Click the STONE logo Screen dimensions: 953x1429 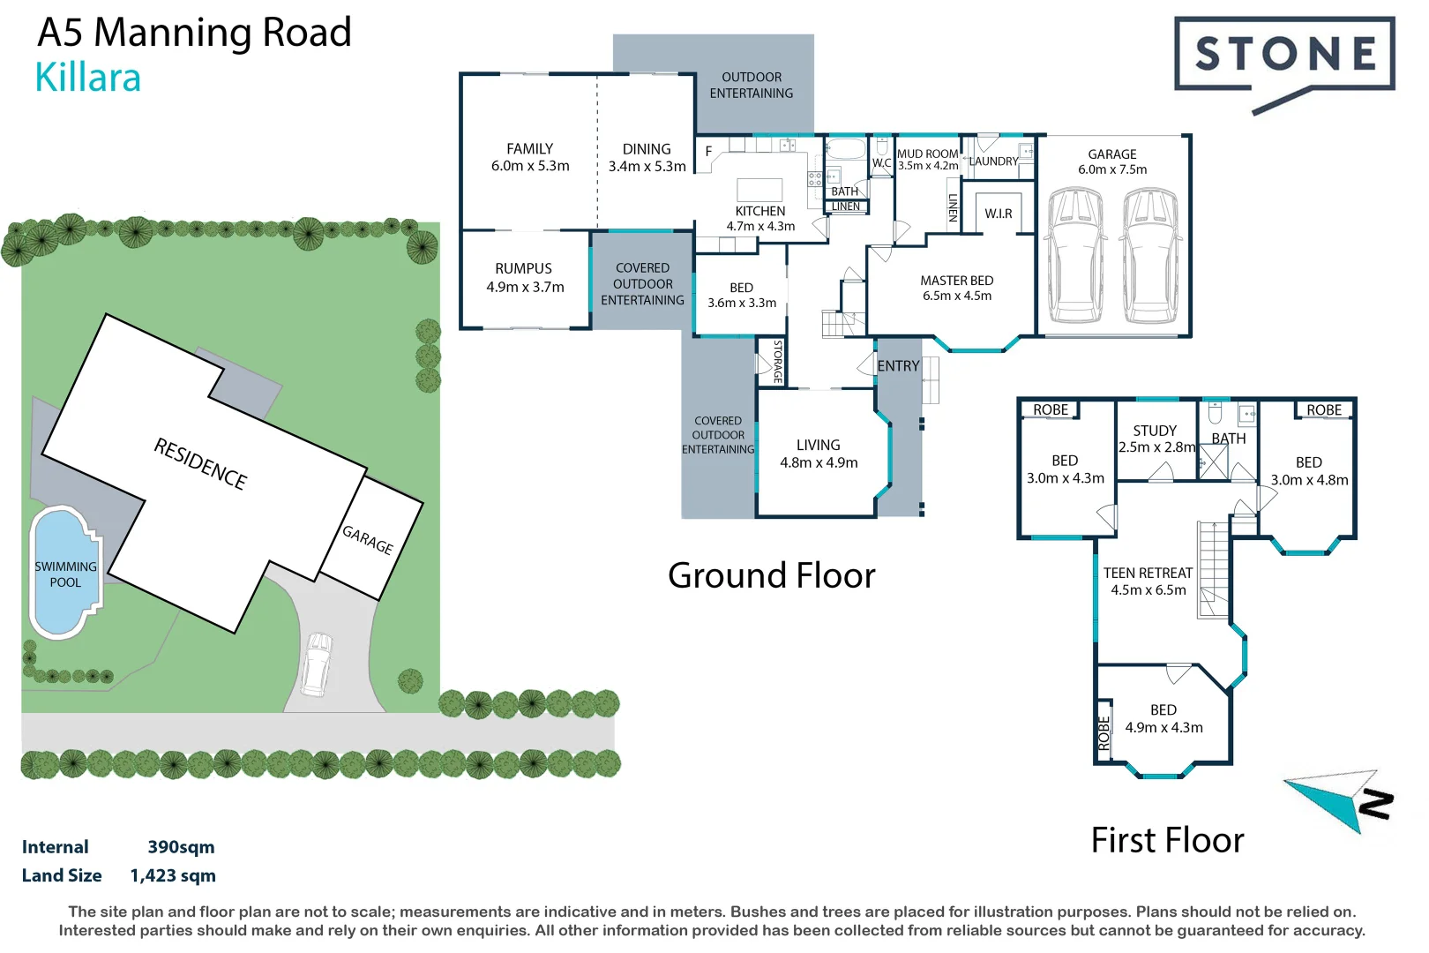(1284, 55)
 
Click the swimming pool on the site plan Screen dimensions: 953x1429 (64, 574)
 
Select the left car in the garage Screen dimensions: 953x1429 (1074, 256)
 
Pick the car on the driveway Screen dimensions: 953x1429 (316, 664)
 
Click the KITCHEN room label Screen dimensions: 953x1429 (759, 211)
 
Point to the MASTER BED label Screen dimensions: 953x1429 (956, 281)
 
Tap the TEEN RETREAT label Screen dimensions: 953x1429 (1148, 573)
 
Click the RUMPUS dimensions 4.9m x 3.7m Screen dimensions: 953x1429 (525, 287)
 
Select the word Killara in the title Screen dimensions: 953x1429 (87, 78)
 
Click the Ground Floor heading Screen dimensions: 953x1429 (771, 575)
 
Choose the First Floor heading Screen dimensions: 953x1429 (1166, 840)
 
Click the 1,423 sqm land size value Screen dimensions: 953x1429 (173, 875)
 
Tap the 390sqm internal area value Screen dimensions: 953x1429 (181, 847)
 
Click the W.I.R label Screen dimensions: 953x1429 (998, 214)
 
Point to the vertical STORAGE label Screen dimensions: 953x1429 (777, 361)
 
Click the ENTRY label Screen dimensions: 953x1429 (898, 366)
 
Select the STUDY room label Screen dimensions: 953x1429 (1154, 431)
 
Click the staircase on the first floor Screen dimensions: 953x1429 (1213, 569)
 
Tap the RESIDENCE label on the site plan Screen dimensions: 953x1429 (200, 463)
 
